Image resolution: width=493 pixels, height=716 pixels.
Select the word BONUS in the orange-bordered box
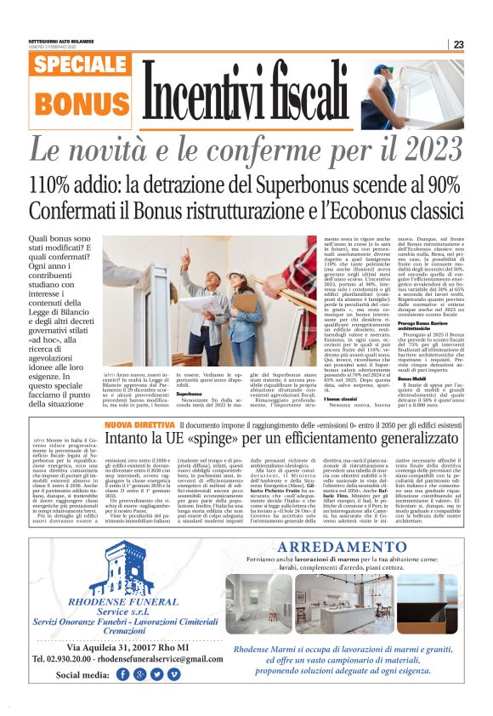click(80, 103)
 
